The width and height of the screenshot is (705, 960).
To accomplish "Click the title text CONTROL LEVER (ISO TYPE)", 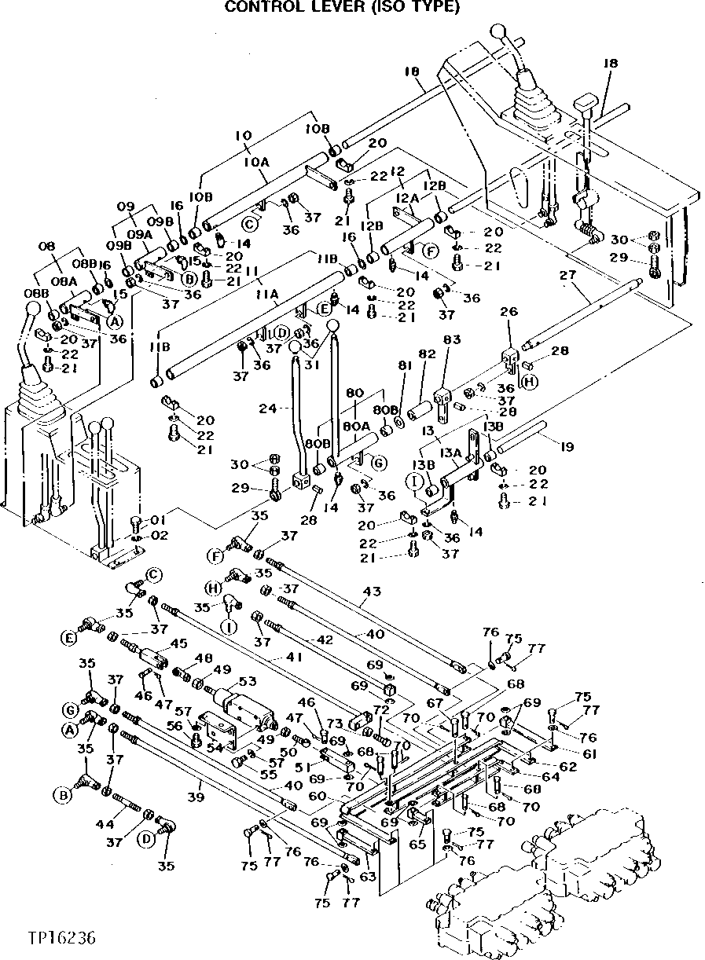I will tap(341, 7).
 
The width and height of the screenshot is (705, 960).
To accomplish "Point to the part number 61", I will tap(589, 753).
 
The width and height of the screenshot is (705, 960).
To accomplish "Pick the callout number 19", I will tap(566, 447).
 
